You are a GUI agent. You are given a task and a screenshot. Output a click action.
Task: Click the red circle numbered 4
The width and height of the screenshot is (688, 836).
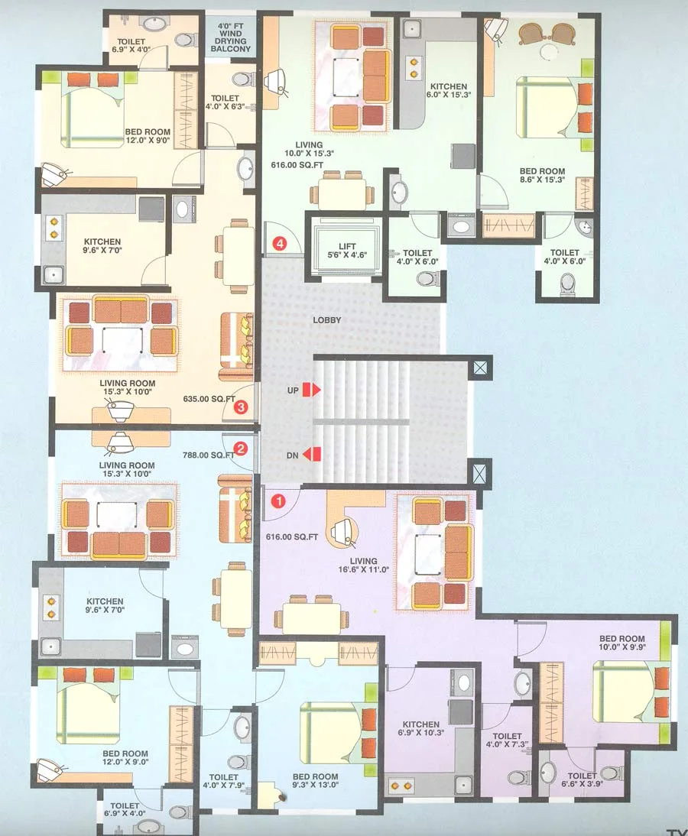click(281, 245)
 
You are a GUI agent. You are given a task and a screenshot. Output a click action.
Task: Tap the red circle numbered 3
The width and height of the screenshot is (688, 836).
click(241, 407)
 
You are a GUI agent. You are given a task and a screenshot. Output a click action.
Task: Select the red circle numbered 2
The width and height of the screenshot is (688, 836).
click(241, 449)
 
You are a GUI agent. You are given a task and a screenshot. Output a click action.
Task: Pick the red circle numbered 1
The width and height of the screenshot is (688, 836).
click(280, 501)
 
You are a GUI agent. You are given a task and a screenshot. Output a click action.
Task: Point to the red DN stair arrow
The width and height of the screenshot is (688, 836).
click(312, 455)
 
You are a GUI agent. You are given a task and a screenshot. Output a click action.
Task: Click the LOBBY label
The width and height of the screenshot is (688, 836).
click(326, 320)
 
